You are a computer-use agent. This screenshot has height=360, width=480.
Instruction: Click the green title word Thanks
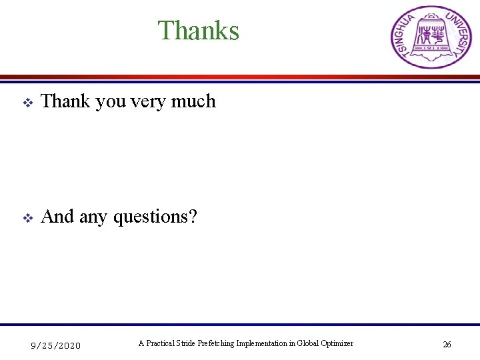[x=198, y=31]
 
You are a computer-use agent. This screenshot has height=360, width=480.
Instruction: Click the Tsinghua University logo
[x=430, y=37]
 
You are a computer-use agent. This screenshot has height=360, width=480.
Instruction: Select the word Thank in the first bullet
[x=65, y=101]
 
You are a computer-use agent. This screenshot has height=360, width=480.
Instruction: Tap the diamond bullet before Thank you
[x=27, y=103]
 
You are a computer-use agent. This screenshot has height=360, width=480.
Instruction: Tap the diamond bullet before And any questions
[x=27, y=218]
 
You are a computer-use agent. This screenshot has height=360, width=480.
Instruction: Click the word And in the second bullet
[x=57, y=217]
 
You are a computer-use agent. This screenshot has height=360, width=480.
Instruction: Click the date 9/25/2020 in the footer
[x=56, y=345]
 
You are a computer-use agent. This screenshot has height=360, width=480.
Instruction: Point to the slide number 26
[x=447, y=345]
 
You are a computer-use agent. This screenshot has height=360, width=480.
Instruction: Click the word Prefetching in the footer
[x=216, y=343]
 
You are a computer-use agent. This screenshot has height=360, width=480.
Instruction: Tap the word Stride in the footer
[x=186, y=343]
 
